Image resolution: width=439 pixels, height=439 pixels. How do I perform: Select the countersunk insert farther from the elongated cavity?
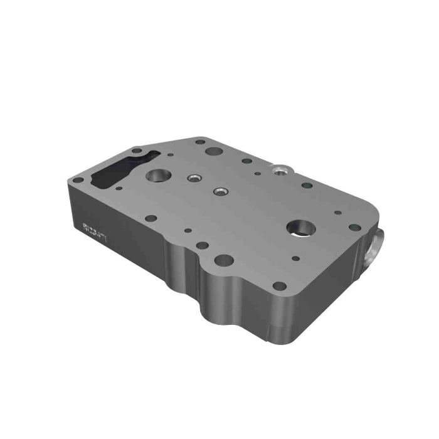(219, 191)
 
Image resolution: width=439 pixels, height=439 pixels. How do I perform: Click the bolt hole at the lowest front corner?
(280, 286)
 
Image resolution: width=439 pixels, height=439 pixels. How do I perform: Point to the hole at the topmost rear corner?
(200, 142)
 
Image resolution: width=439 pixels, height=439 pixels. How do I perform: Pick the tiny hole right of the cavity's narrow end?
(170, 153)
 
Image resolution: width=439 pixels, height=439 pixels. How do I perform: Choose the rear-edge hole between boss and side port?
(307, 185)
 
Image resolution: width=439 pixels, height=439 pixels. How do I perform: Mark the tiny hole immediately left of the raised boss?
(257, 170)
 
